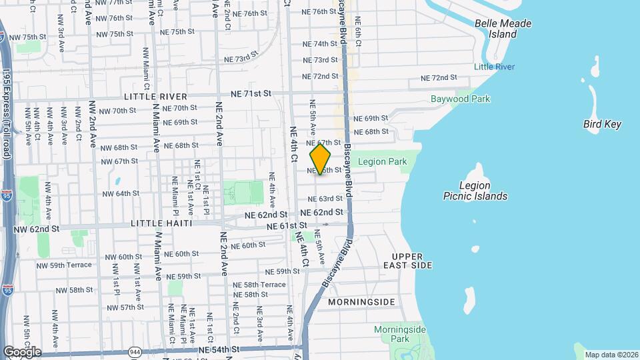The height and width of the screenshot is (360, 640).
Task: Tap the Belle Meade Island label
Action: click(503, 29)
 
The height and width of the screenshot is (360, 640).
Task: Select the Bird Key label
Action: click(602, 124)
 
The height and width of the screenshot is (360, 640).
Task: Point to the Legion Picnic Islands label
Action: click(475, 191)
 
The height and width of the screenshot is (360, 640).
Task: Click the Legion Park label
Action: click(382, 162)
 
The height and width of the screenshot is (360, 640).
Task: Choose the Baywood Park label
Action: click(460, 99)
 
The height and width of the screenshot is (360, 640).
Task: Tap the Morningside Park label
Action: click(399, 334)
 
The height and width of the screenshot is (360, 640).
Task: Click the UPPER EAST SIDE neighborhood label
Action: click(412, 261)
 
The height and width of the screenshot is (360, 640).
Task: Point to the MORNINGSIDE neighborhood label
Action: click(361, 302)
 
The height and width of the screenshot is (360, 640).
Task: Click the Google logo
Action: click(21, 352)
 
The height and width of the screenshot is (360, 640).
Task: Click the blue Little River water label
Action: click(494, 67)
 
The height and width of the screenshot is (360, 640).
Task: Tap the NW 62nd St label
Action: click(37, 229)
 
